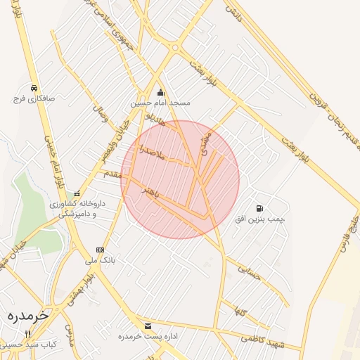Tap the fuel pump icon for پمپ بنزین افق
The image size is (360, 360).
click(x=260, y=208)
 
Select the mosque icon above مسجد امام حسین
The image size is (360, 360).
click(x=160, y=92)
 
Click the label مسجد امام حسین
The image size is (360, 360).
click(x=160, y=103)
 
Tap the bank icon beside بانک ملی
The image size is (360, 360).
click(x=100, y=250)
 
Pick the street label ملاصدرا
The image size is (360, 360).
click(x=151, y=150)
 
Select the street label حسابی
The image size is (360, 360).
click(x=250, y=272)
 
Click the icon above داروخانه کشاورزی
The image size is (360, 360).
click(x=77, y=194)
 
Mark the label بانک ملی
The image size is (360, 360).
click(x=99, y=260)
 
